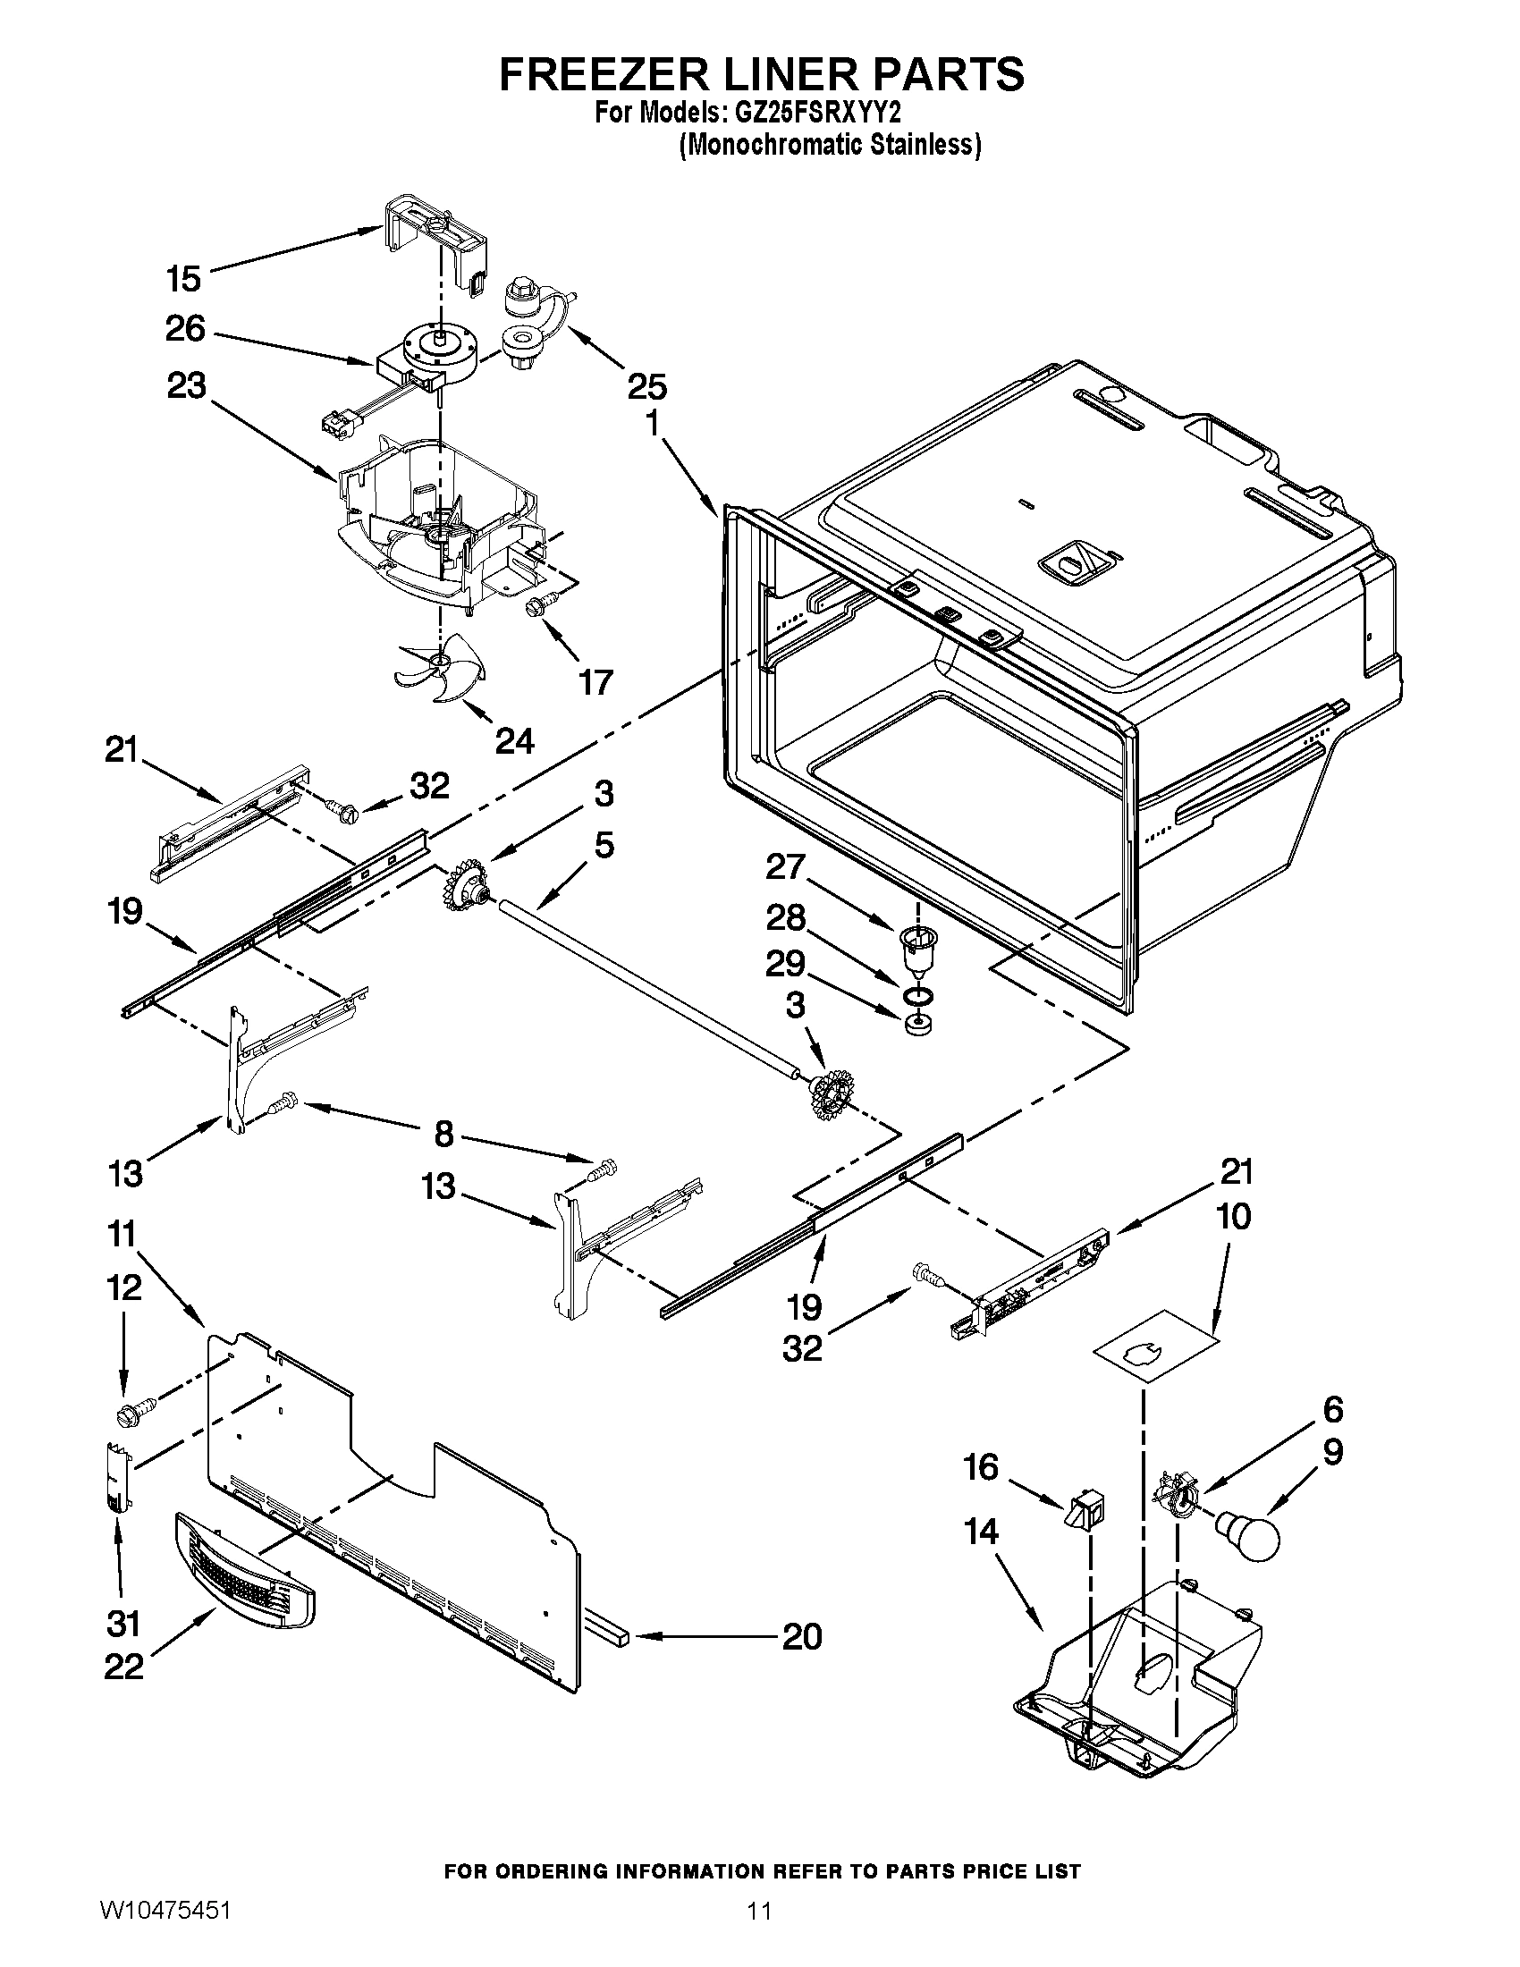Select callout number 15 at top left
183,278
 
